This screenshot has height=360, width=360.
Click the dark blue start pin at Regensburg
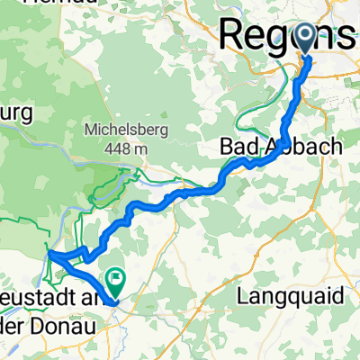307,39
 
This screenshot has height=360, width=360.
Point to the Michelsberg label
121,128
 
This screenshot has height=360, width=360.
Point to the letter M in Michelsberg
89,128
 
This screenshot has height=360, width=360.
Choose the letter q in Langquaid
293,295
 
